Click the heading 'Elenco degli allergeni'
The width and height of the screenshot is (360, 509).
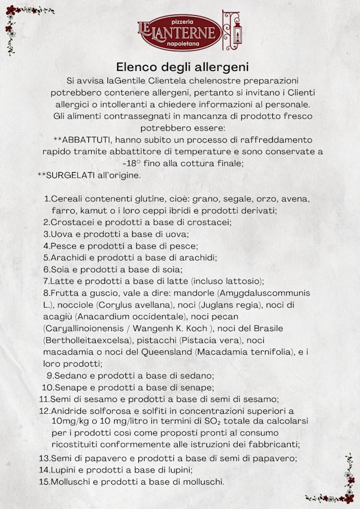(182, 67)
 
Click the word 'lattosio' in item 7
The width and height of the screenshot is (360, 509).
(243, 281)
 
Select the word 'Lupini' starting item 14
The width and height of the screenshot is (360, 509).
(64, 470)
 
